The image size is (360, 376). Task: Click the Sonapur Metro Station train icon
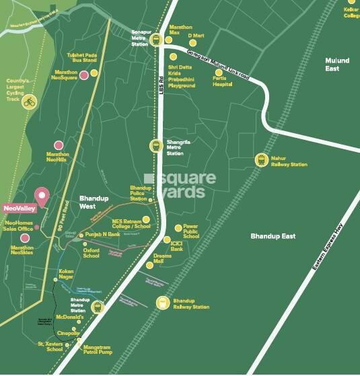[156, 39]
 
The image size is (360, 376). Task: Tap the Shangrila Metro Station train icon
[156, 145]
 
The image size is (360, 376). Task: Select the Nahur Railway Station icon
[261, 159]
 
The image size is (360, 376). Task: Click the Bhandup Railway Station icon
[162, 303]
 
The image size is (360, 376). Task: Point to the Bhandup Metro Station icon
[98, 307]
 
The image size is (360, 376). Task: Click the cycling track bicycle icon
[29, 102]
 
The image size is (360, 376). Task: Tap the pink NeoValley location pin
[42, 197]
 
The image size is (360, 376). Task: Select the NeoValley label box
[18, 209]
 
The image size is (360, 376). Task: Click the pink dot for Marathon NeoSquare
[83, 75]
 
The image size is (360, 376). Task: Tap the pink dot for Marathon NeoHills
[59, 145]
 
